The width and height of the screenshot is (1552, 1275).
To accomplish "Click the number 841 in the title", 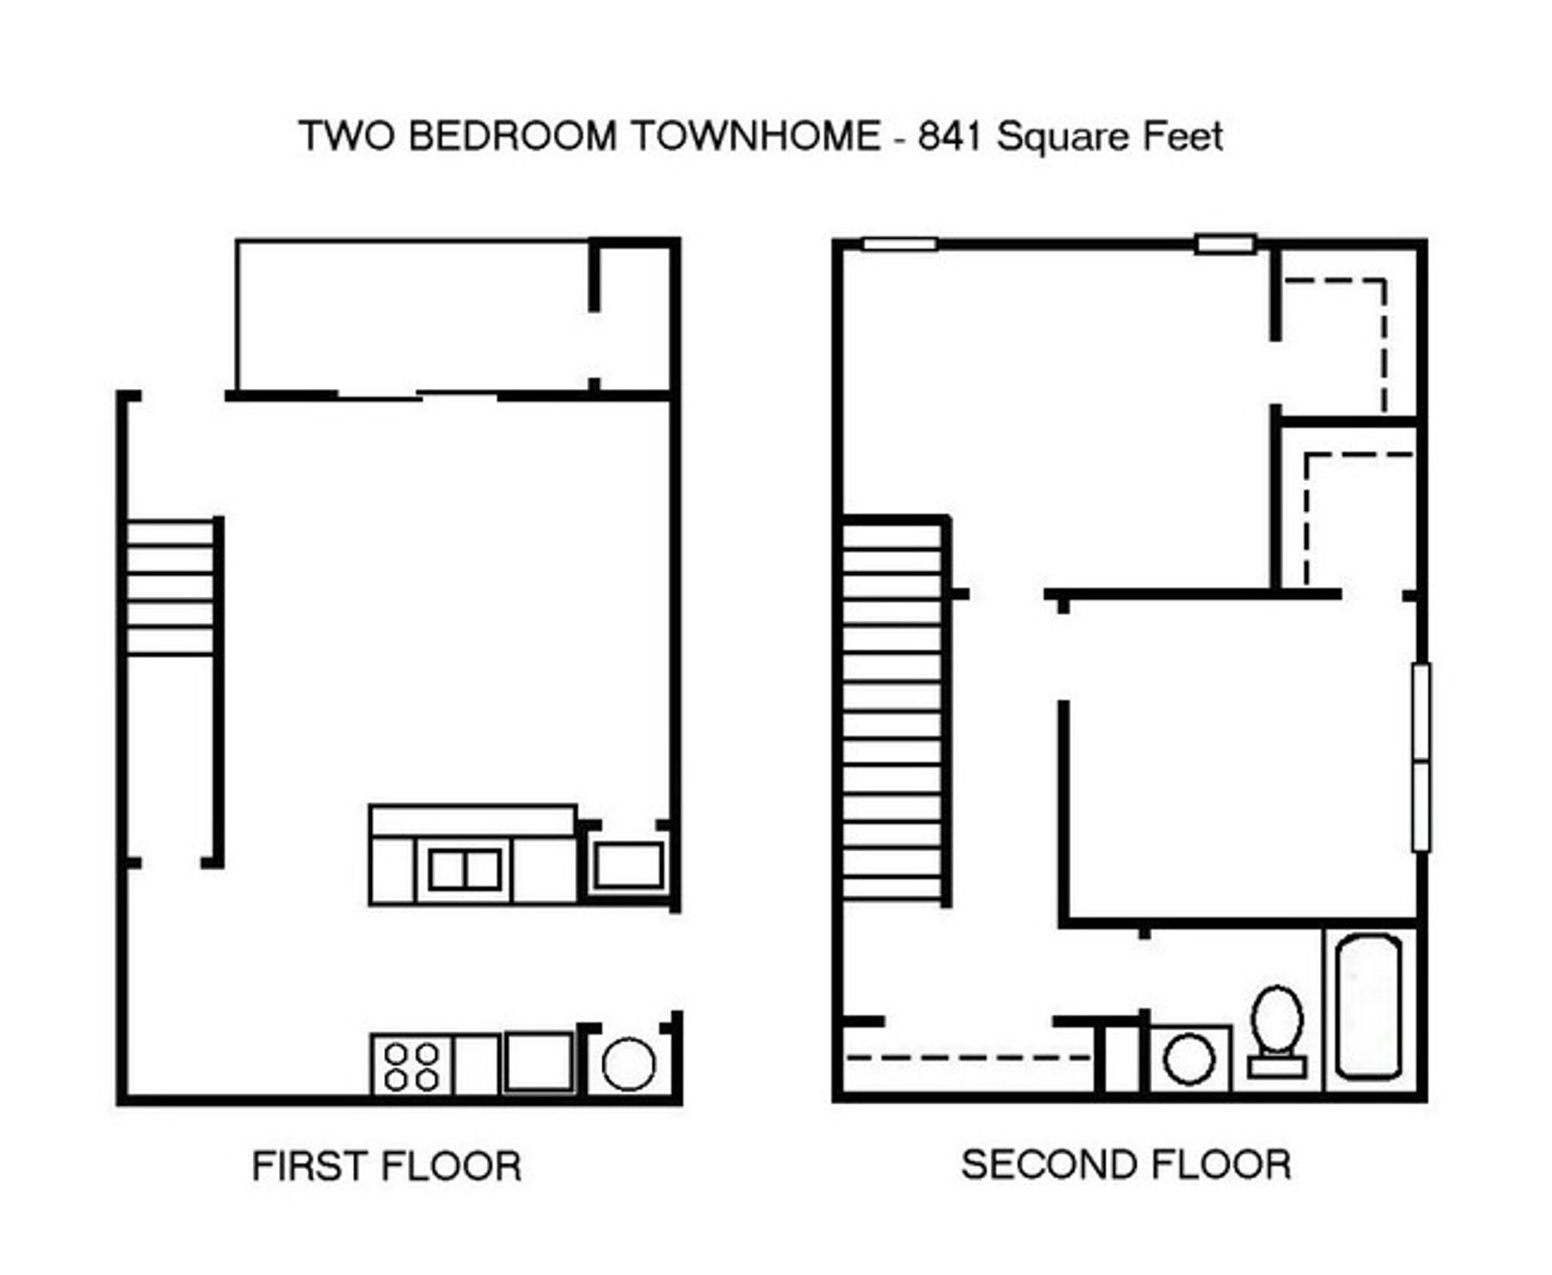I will [x=949, y=136].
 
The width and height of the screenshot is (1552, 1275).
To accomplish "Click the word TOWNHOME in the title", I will [x=755, y=136].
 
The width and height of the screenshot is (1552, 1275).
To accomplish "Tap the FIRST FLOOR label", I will [x=386, y=1167].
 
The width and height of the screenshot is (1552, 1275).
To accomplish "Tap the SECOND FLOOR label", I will [x=1125, y=1165].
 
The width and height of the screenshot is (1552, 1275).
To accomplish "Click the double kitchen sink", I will [x=465, y=870].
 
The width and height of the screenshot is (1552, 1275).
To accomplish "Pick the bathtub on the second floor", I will [x=1368, y=1007].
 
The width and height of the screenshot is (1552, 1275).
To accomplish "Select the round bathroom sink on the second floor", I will [x=1189, y=1059].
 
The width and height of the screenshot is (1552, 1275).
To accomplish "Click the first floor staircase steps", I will [x=170, y=588].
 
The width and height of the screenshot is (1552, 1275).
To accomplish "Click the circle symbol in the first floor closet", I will [x=628, y=1064].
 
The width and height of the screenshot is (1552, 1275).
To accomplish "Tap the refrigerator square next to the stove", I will [x=538, y=1062].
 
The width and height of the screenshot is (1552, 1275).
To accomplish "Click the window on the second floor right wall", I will [x=1420, y=757].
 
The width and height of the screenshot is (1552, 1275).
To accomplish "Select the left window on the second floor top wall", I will [x=900, y=244].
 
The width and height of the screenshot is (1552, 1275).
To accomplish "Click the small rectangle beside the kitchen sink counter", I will [x=629, y=865].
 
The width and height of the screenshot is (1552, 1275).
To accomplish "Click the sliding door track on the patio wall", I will [x=417, y=396].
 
